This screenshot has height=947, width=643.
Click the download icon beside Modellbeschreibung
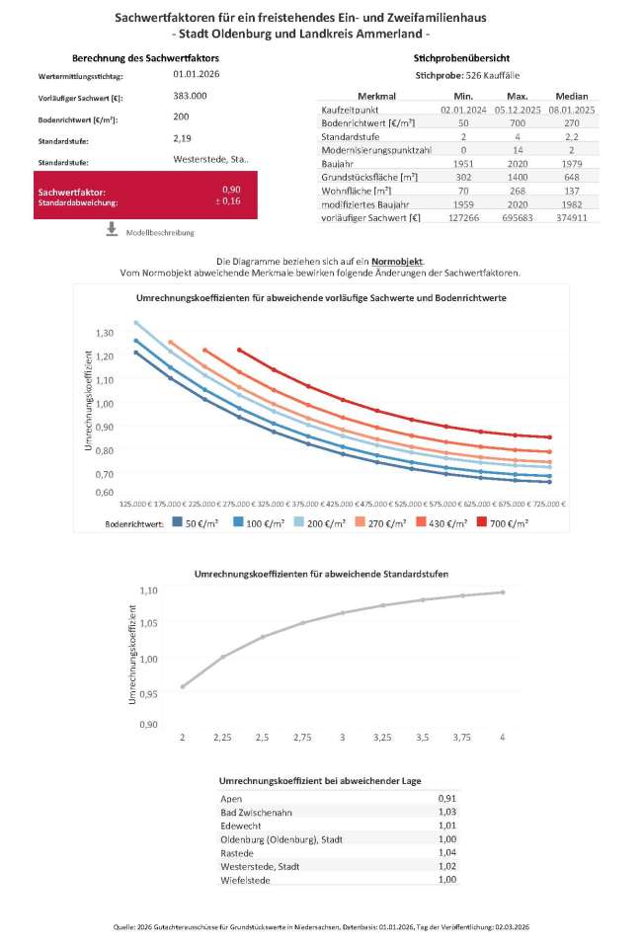[x=112, y=229]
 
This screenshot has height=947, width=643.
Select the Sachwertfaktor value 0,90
[x=231, y=190]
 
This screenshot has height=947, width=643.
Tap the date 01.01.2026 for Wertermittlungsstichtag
[x=197, y=74]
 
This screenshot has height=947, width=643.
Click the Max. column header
[x=518, y=96]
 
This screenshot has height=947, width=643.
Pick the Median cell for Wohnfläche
[x=572, y=191]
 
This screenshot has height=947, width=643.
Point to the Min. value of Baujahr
[x=463, y=164]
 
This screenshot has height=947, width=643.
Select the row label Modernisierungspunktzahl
[x=376, y=150]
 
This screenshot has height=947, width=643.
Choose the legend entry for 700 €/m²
[x=502, y=523]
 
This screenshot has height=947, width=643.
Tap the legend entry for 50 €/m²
[x=196, y=523]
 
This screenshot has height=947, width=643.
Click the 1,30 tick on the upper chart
[x=105, y=333]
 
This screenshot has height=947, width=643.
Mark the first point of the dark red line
[x=239, y=350]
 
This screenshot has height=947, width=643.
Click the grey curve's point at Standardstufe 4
[x=503, y=592]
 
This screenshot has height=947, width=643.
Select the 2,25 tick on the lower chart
[x=222, y=738]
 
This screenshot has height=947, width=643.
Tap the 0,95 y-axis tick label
[x=149, y=694]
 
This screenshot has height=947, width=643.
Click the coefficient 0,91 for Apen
[x=447, y=799]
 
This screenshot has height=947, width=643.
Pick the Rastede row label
[x=237, y=853]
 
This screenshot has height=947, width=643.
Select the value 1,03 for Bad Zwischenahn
[x=447, y=812]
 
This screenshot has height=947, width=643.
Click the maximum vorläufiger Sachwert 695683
[x=518, y=218]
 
